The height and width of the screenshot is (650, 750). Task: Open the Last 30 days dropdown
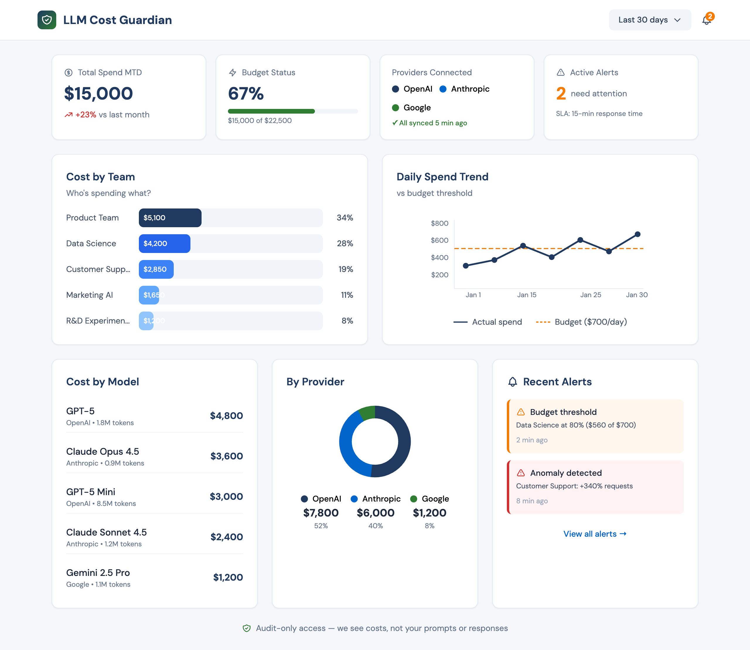pos(650,20)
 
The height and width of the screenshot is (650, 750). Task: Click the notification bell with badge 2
pos(706,20)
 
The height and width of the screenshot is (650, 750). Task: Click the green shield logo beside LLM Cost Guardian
pos(47,20)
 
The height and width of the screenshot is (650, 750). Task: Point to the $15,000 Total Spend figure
pos(98,94)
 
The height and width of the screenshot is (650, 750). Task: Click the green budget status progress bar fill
pos(271,111)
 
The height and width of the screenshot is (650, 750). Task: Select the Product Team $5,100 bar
pos(170,218)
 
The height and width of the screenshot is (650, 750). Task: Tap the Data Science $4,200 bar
pos(164,243)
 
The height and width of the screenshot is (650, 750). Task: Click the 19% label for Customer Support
pos(345,269)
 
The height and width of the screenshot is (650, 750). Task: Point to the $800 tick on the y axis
pos(439,223)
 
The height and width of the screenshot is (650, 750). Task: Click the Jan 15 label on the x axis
pos(526,295)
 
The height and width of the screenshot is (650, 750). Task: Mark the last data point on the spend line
pos(637,234)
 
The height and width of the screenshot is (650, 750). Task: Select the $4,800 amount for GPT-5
pos(226,416)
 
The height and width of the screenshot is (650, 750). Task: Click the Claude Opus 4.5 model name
pos(102,451)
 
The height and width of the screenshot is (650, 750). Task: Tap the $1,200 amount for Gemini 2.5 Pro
pos(228,577)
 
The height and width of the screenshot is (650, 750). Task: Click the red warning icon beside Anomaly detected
pos(521,473)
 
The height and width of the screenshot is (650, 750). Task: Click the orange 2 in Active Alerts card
pos(560,94)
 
